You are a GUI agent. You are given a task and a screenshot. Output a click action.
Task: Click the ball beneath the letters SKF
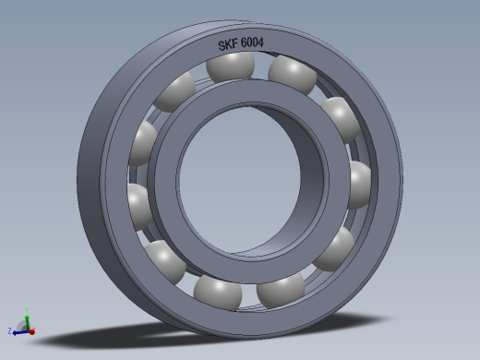232,66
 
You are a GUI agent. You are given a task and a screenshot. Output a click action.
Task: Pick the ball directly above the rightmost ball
342,117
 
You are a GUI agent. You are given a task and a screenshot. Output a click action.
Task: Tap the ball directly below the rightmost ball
337,246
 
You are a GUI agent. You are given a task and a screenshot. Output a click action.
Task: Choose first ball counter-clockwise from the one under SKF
176,92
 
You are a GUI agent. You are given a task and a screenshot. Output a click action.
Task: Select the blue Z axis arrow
18,330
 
